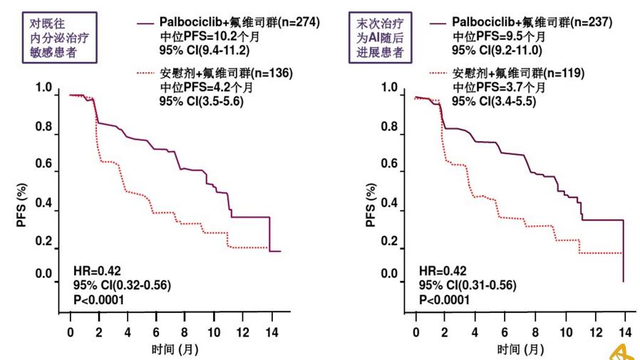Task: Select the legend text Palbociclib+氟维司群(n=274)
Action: (x=239, y=23)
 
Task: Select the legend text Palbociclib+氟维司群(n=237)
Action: (x=532, y=23)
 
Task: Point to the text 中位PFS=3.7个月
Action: (x=500, y=88)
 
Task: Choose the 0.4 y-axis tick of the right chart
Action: (x=389, y=204)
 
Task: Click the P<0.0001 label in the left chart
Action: (x=99, y=299)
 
